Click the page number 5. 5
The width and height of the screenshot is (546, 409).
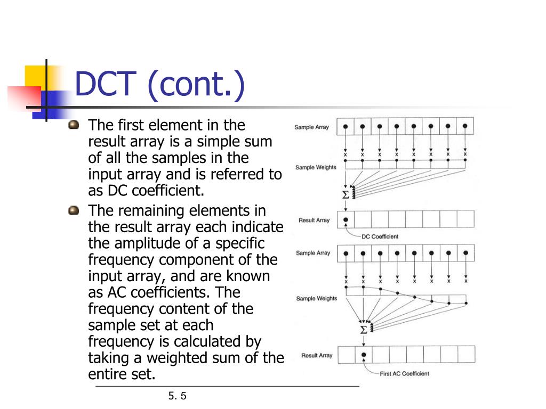pos(178,396)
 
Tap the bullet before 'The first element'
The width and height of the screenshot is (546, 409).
pos(74,125)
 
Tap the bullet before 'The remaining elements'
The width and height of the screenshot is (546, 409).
pos(74,211)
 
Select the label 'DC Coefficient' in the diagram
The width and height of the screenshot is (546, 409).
pos(380,236)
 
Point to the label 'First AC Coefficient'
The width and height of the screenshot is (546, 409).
pos(404,373)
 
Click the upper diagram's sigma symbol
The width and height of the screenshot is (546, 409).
pos(346,195)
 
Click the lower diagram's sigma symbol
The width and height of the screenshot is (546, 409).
pos(364,330)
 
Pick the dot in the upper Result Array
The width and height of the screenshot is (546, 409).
pos(346,219)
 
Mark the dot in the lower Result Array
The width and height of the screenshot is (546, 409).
pos(364,354)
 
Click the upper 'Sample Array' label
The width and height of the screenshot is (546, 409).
pos(312,127)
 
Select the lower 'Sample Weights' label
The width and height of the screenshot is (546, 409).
pos(316,299)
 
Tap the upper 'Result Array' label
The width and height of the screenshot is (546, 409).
pos(314,220)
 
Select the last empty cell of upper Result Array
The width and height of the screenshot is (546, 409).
pos(465,219)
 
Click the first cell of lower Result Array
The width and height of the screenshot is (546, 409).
pos(347,354)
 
